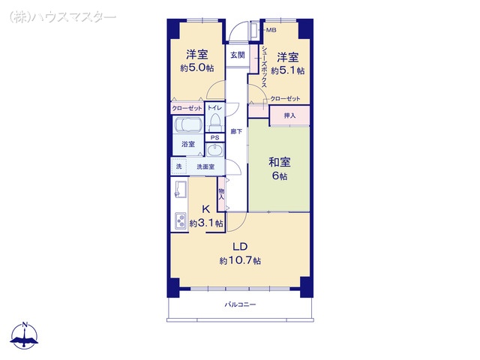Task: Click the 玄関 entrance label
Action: pyautogui.click(x=238, y=55)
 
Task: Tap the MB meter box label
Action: pyautogui.click(x=271, y=30)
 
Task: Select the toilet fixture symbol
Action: pyautogui.click(x=215, y=121)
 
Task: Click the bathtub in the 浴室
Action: pyautogui.click(x=188, y=125)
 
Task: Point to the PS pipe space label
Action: pyautogui.click(x=215, y=138)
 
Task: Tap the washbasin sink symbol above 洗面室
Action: pyautogui.click(x=215, y=150)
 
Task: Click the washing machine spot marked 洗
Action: pyautogui.click(x=178, y=166)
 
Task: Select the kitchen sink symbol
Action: pyautogui.click(x=180, y=189)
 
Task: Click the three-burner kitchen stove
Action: pyautogui.click(x=180, y=220)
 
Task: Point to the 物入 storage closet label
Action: pyautogui.click(x=222, y=194)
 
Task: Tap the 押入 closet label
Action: pyautogui.click(x=289, y=115)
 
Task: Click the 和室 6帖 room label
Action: pyautogui.click(x=280, y=169)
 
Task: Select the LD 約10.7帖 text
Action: pyautogui.click(x=240, y=253)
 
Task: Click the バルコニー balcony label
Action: pyautogui.click(x=240, y=304)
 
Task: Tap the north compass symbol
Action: pyautogui.click(x=25, y=335)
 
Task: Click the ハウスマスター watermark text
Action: pyautogui.click(x=63, y=16)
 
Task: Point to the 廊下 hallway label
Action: pyautogui.click(x=236, y=132)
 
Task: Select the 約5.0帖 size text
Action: pyautogui.click(x=196, y=68)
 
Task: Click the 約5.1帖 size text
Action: pyautogui.click(x=288, y=70)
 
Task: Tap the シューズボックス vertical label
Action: pyautogui.click(x=264, y=67)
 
